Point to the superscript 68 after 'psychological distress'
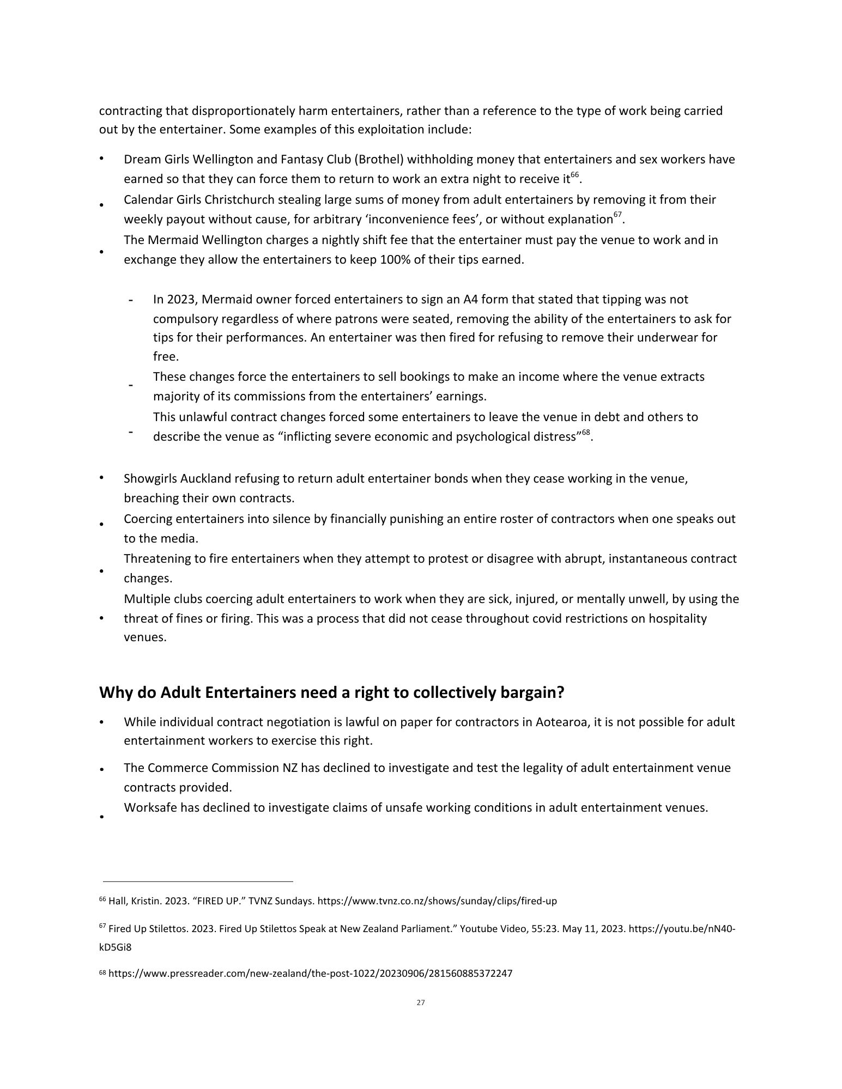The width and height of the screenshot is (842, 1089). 586,433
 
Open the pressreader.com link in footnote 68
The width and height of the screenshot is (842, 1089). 311,974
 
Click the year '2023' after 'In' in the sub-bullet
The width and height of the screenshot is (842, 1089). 181,300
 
